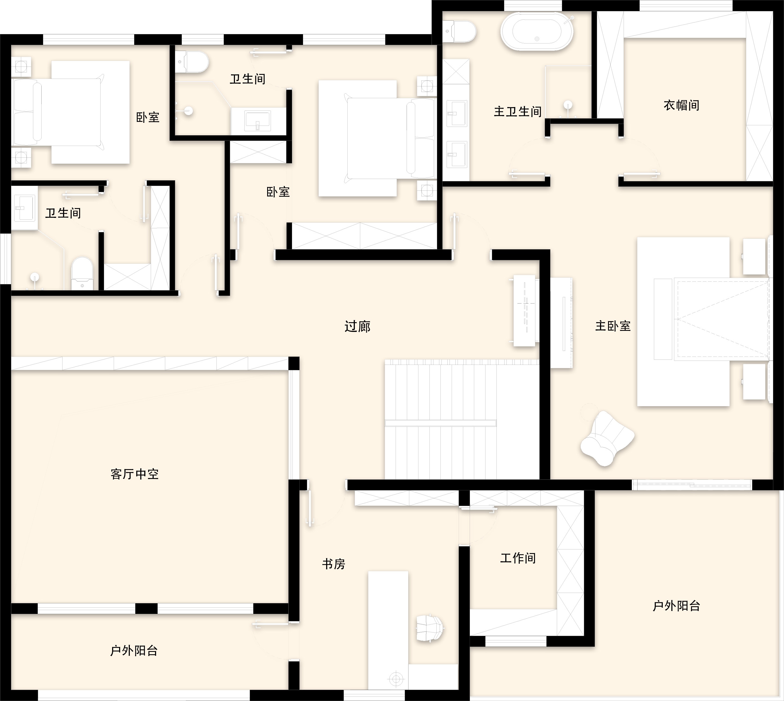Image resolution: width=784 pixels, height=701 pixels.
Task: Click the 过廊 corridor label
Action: tap(357, 326)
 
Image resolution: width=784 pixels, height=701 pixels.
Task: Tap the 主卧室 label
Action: tap(613, 326)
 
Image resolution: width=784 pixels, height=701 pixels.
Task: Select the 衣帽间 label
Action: tap(682, 105)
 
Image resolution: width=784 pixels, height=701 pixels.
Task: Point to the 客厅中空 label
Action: tap(134, 474)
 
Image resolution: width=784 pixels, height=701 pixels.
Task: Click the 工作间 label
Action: tap(518, 558)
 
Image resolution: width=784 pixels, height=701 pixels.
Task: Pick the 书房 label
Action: tap(333, 564)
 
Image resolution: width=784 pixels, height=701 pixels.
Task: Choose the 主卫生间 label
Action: tap(518, 112)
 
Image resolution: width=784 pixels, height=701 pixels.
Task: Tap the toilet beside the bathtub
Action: tap(459, 31)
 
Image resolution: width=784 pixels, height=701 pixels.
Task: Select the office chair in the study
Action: tap(430, 628)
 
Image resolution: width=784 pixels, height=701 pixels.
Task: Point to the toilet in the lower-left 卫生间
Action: tap(82, 273)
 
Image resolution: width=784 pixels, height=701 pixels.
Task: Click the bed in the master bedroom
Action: tap(703, 322)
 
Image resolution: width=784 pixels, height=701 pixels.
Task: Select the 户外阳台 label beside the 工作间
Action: tap(676, 606)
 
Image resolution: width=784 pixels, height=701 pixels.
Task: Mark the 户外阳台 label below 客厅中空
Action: tap(134, 651)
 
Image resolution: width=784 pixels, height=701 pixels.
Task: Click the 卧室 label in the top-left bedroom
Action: tap(148, 117)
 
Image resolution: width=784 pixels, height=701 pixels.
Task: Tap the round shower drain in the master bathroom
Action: tap(568, 105)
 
